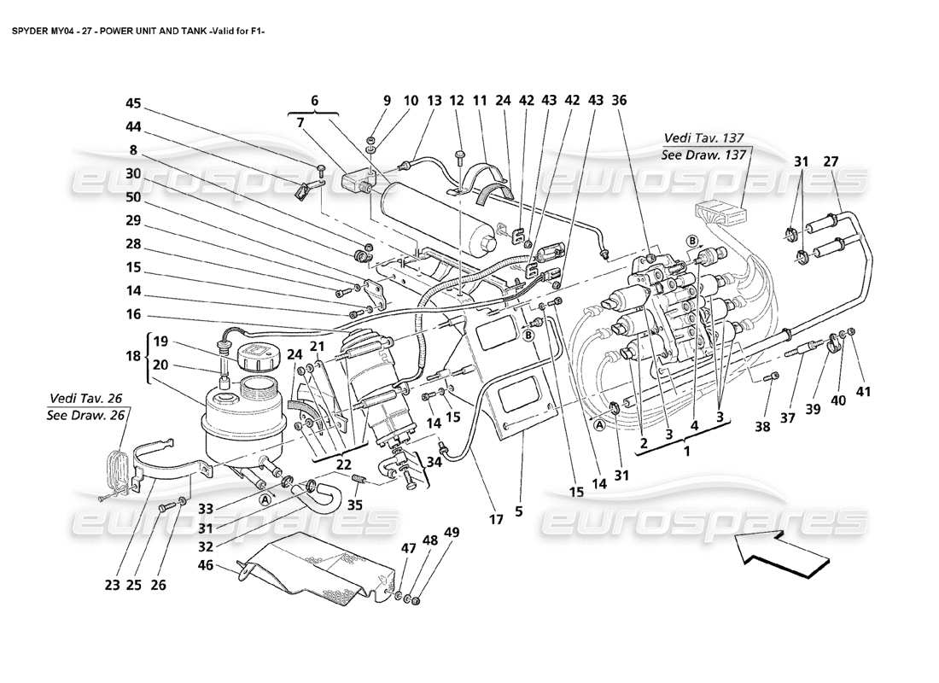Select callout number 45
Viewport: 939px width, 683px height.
133,103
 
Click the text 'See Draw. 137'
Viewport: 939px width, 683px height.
705,155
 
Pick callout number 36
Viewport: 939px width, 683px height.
619,100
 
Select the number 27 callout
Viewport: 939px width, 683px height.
831,161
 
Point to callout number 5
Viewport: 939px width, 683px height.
518,513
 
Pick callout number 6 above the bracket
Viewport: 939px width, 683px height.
315,100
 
